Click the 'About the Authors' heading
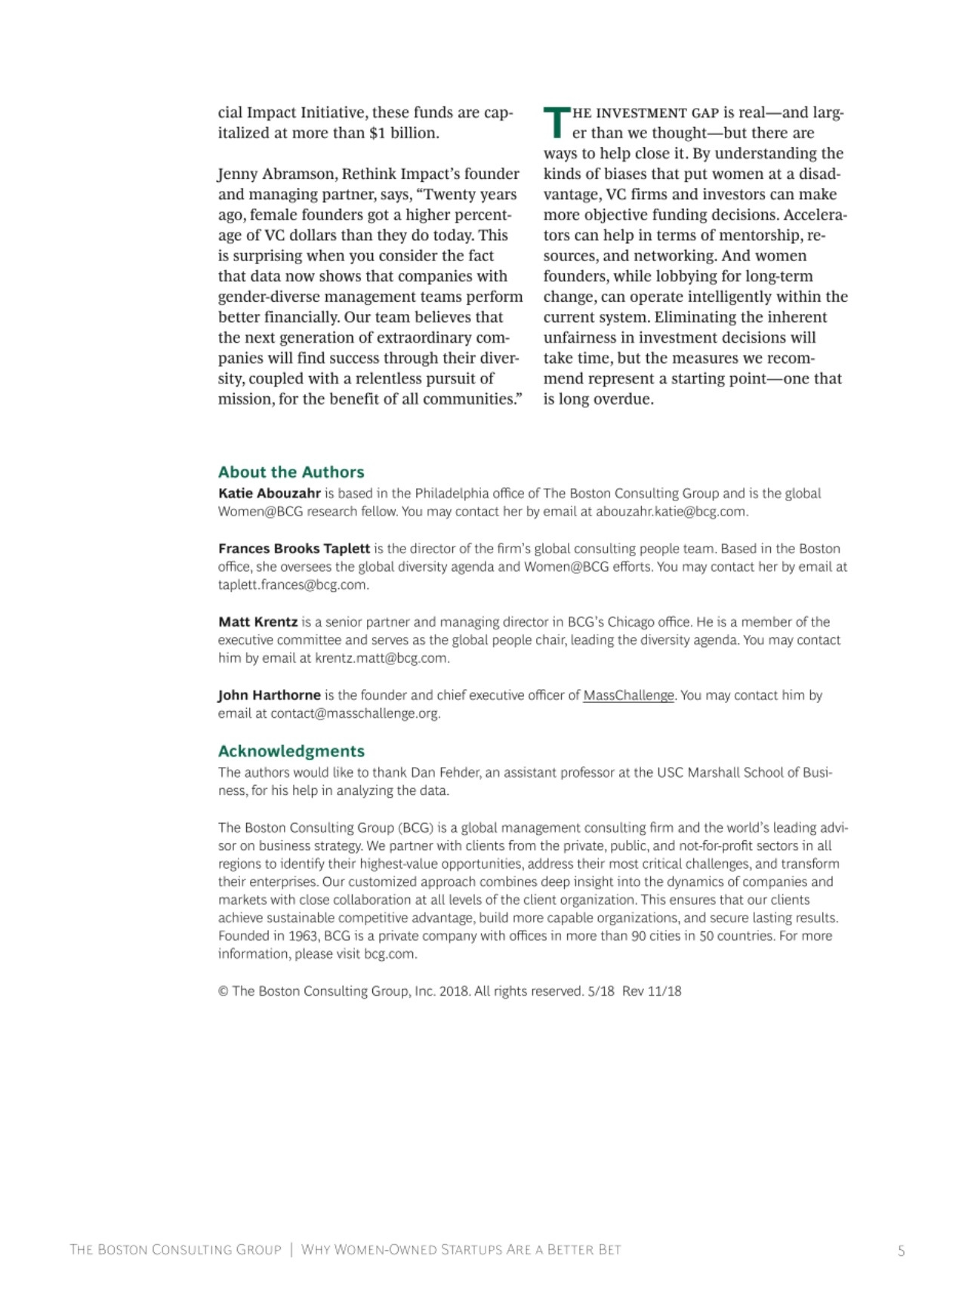point(291,472)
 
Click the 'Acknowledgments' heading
point(291,751)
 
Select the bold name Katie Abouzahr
point(269,494)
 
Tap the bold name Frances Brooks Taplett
point(294,549)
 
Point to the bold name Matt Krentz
point(257,622)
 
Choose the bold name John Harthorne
point(269,695)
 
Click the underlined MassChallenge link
point(628,695)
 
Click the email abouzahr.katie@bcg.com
point(671,512)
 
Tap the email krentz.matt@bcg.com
point(381,658)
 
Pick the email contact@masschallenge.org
point(354,713)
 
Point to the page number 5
point(901,1250)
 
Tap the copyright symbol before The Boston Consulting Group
point(223,991)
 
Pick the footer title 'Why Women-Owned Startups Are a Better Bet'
point(461,1250)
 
